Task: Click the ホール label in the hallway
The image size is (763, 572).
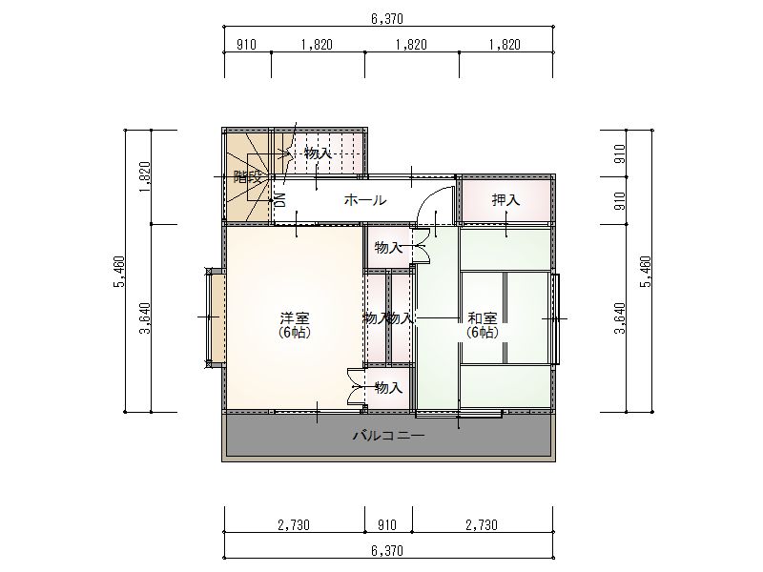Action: [x=365, y=200]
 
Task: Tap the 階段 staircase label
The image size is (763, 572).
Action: [x=248, y=177]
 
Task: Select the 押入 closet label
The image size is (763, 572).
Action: [x=505, y=200]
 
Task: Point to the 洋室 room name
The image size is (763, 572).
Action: [x=295, y=318]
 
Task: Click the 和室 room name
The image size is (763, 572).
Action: [x=483, y=318]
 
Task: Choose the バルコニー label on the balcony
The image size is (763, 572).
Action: [x=389, y=435]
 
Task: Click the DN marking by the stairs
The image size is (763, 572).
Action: [x=280, y=200]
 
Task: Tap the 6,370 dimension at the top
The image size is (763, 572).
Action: [x=387, y=19]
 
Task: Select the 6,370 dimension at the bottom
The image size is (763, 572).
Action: [x=387, y=551]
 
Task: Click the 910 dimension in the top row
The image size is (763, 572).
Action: [x=246, y=45]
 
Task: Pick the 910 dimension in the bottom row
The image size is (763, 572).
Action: [x=387, y=525]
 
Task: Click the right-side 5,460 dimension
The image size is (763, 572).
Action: [x=646, y=272]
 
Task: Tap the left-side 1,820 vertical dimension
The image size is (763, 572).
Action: [x=145, y=177]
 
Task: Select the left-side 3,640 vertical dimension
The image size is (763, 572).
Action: [x=145, y=318]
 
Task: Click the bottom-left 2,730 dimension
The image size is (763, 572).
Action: [x=294, y=525]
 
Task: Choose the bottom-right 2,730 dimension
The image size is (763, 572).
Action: [x=482, y=525]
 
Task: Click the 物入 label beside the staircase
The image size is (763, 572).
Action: [x=318, y=153]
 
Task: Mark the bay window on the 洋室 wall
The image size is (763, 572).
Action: [x=215, y=318]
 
